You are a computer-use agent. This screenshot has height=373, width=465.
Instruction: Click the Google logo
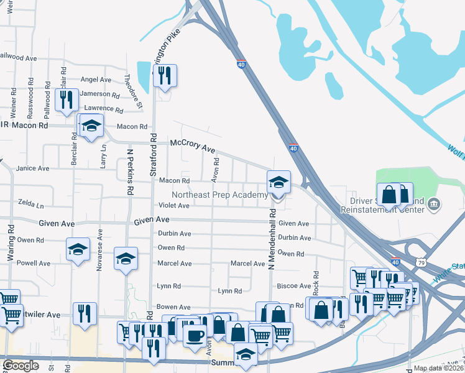point(21,366)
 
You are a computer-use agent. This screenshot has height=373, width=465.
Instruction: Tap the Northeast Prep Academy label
point(219,195)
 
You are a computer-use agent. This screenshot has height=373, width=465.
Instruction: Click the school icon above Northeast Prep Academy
point(279,183)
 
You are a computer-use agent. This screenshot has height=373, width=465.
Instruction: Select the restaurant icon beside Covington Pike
point(165,76)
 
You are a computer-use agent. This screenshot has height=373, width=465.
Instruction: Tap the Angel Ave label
point(96,80)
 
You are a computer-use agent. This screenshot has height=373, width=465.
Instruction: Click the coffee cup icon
point(195,335)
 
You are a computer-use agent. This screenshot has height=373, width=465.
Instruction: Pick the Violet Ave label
point(174,205)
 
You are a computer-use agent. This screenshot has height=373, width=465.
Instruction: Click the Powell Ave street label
point(34,263)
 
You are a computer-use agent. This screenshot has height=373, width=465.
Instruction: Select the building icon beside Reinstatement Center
point(434,204)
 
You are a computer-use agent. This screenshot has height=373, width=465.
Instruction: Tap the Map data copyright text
point(439,368)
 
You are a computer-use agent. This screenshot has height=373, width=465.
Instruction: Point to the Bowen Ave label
point(173,307)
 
